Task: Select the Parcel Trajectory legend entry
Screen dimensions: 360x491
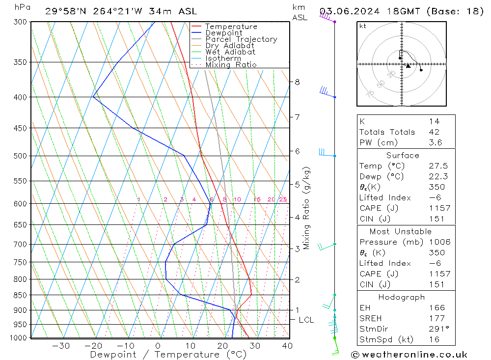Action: click(241, 39)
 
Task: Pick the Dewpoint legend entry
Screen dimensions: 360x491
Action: click(223, 33)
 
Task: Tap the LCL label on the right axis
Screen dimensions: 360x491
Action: click(306, 320)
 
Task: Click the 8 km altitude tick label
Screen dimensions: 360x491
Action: click(297, 82)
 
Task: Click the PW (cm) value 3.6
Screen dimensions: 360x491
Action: click(435, 142)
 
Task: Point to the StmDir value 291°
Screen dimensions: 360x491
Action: click(436, 329)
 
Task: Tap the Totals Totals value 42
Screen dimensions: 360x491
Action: click(434, 132)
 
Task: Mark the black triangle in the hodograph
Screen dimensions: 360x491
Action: click(408, 66)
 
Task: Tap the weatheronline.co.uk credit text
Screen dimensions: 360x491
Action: click(409, 355)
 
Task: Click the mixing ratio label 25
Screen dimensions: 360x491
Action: click(282, 199)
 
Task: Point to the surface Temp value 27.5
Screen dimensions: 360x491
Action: click(436, 166)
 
